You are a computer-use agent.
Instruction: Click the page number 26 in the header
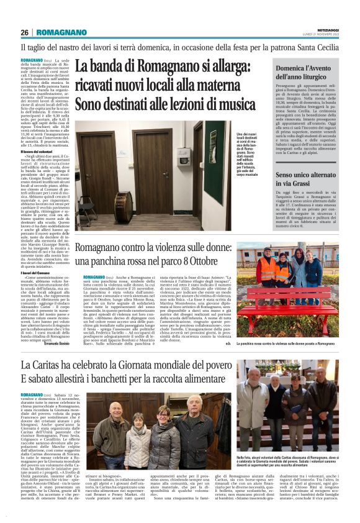pyautogui.click(x=25, y=32)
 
